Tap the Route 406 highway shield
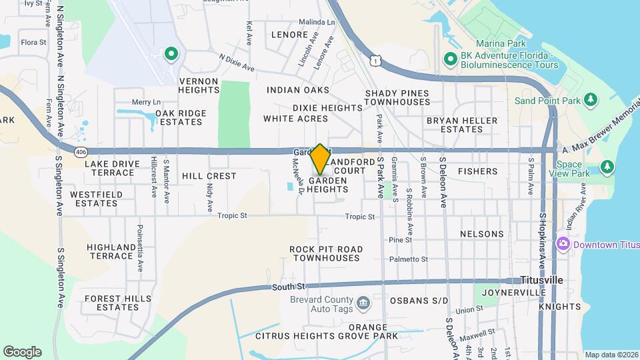[x=81, y=153]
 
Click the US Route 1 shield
[x=377, y=61]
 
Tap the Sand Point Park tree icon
[x=589, y=100]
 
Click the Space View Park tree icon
[x=607, y=166]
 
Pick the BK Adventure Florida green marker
[x=450, y=61]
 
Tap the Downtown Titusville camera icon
[x=563, y=244]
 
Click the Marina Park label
[x=497, y=43]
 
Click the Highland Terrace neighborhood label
[x=110, y=251]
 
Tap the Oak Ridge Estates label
[x=180, y=117]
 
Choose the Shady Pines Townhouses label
[x=397, y=97]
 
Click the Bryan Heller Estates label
[x=462, y=125]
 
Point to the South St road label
[x=288, y=287]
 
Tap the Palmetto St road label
[x=409, y=259]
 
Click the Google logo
[x=22, y=352]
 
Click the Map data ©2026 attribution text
[x=611, y=355]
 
